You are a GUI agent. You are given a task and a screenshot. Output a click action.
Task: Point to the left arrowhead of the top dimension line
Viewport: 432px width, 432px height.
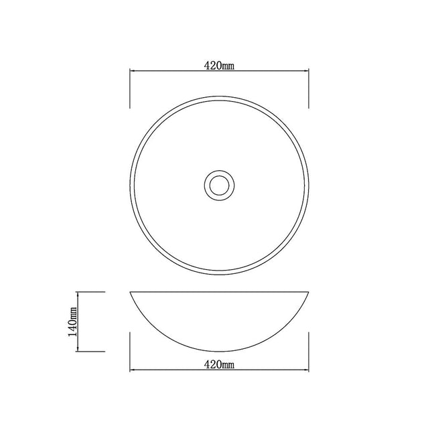[132, 71]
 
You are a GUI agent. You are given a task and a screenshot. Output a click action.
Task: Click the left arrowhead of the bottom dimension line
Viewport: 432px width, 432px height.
[132, 371]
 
